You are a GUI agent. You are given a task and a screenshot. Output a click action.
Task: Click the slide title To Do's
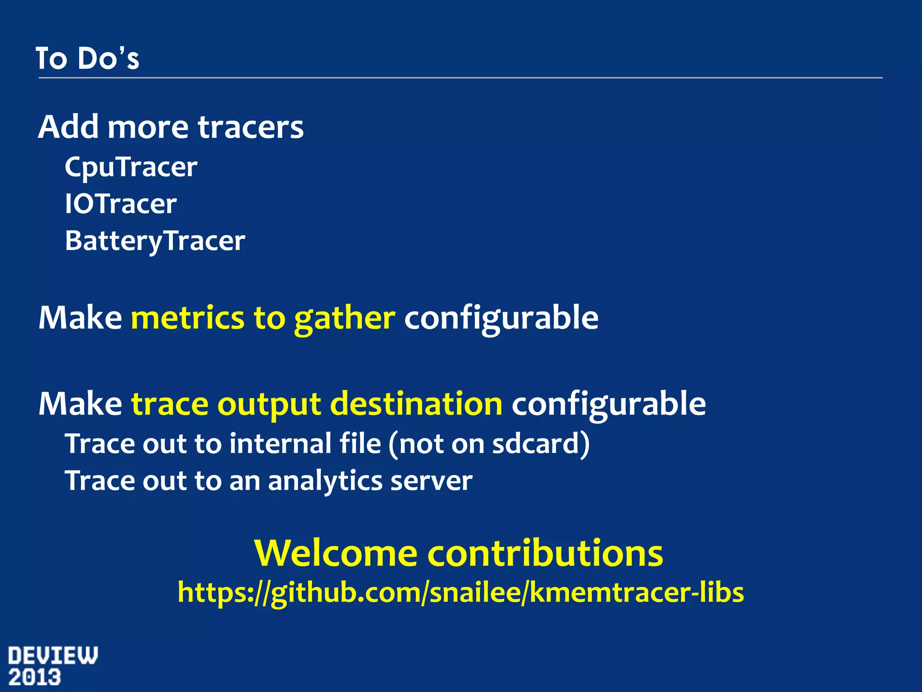pos(87,59)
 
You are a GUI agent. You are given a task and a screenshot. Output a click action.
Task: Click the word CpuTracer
pos(131,168)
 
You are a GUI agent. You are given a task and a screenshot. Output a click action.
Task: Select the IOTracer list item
pos(121,204)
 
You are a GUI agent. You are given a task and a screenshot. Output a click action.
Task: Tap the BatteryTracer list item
pos(155,241)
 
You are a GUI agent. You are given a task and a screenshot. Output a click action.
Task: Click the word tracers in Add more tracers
pos(251,127)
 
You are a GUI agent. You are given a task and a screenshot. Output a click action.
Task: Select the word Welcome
pos(336,553)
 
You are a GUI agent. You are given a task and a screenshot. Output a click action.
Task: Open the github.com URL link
pos(461,592)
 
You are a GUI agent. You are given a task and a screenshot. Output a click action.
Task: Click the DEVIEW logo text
pos(53,656)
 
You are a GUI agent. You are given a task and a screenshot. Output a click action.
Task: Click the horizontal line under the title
pos(461,78)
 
